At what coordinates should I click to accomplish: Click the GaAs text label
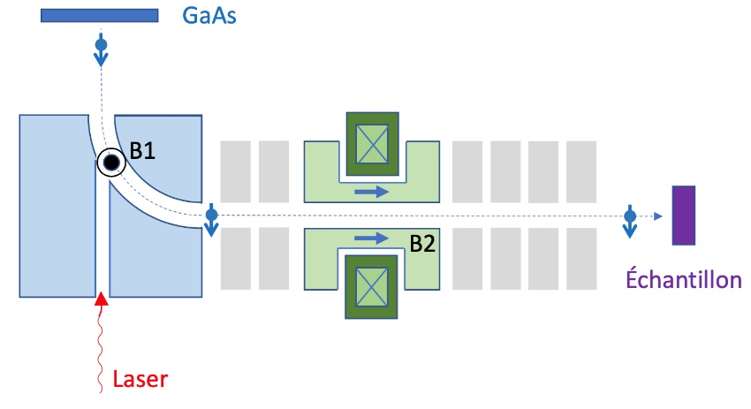coord(209,15)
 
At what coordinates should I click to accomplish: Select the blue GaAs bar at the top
coord(99,15)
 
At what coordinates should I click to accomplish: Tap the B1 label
coord(142,151)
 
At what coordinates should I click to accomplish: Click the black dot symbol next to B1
coord(111,163)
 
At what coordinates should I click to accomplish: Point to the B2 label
coord(422,245)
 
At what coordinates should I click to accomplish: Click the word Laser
coord(140,380)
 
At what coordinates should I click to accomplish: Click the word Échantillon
coord(683,280)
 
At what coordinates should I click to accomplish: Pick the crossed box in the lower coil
coord(371,289)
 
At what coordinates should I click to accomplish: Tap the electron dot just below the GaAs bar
coord(100,43)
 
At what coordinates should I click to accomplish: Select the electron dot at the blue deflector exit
coord(211,215)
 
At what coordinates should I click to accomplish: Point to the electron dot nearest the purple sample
coord(629,215)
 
